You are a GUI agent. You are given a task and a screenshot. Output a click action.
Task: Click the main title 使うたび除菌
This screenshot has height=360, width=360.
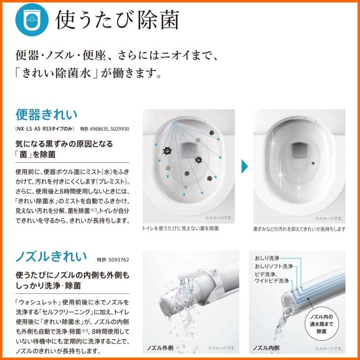click(x=117, y=20)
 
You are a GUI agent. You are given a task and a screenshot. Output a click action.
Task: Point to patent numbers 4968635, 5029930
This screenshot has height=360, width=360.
click(x=104, y=129)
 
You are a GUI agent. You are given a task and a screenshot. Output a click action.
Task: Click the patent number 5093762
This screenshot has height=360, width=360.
click(x=113, y=259)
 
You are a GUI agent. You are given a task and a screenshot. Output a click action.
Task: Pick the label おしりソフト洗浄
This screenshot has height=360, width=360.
click(x=274, y=266)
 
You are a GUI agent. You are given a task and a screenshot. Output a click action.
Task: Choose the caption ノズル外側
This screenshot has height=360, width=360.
click(x=158, y=348)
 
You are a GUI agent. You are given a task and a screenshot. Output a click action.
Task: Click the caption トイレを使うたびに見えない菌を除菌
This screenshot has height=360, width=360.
click(x=180, y=229)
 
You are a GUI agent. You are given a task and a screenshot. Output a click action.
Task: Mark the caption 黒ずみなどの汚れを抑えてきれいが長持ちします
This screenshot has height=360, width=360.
click(x=299, y=229)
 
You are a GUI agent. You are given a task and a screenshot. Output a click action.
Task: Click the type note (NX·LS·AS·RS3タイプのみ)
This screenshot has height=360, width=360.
click(x=45, y=129)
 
